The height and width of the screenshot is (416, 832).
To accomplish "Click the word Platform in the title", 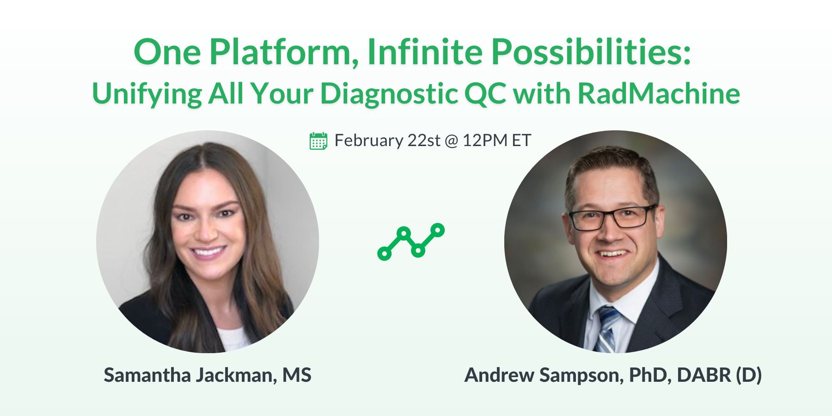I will click(x=281, y=52).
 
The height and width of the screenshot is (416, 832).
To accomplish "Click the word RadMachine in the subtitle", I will click(x=659, y=93).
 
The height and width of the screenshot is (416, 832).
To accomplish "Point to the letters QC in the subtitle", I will click(x=485, y=93).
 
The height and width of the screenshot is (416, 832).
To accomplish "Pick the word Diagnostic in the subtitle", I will click(x=388, y=94).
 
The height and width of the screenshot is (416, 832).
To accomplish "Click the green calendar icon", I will click(x=318, y=141).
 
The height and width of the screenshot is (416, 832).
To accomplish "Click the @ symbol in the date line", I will click(x=451, y=141).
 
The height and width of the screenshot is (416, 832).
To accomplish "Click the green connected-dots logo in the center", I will click(x=410, y=242).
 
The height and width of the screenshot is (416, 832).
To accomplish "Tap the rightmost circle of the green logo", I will click(x=437, y=230).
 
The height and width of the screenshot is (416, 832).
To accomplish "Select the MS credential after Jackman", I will click(x=297, y=375).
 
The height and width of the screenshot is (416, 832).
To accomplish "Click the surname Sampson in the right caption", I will click(x=581, y=375).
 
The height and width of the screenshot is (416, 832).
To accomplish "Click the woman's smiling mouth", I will click(x=208, y=252).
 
